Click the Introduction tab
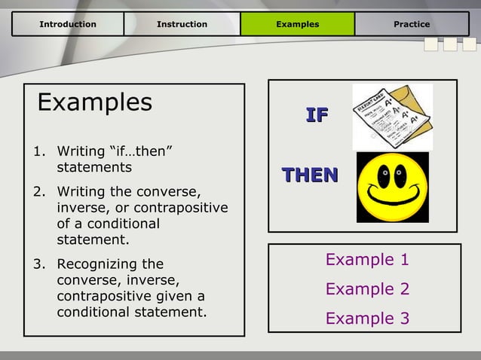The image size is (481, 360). click(x=68, y=24)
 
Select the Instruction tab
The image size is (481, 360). click(x=182, y=24)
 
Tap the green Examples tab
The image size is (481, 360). click(x=297, y=24)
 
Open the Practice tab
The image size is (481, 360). click(x=412, y=24)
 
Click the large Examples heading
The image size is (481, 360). click(x=94, y=102)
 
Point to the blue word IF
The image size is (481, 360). click(x=317, y=115)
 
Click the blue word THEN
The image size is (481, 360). click(x=310, y=175)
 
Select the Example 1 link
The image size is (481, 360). click(x=367, y=260)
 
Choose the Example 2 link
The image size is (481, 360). click(x=367, y=289)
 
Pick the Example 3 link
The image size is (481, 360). click(x=367, y=319)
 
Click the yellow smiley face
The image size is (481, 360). click(x=392, y=188)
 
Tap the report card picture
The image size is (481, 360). click(x=392, y=117)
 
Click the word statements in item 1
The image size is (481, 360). click(x=94, y=167)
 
